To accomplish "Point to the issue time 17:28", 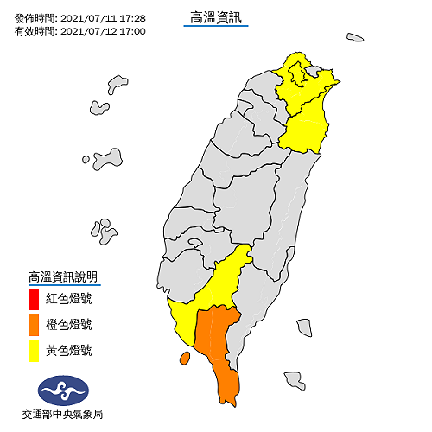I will click(x=132, y=17).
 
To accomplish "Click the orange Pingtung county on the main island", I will click(x=219, y=346).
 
